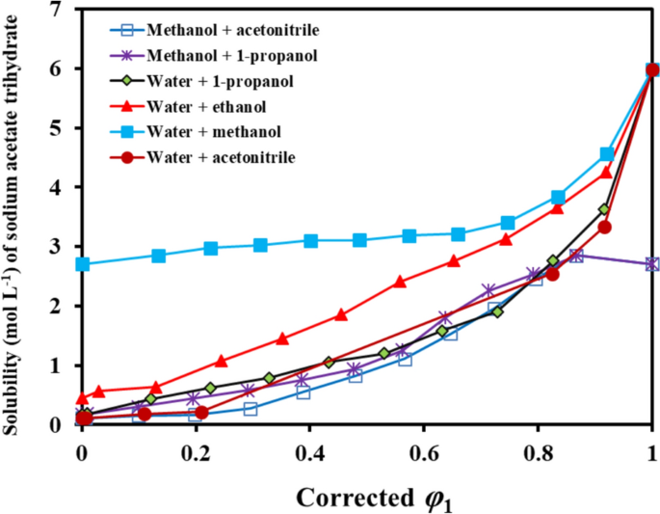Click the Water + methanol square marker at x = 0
(x=83, y=264)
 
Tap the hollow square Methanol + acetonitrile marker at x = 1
(x=652, y=264)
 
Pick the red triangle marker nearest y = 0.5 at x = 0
(x=83, y=397)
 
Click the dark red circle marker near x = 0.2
(x=201, y=413)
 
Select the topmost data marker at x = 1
(x=652, y=69)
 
